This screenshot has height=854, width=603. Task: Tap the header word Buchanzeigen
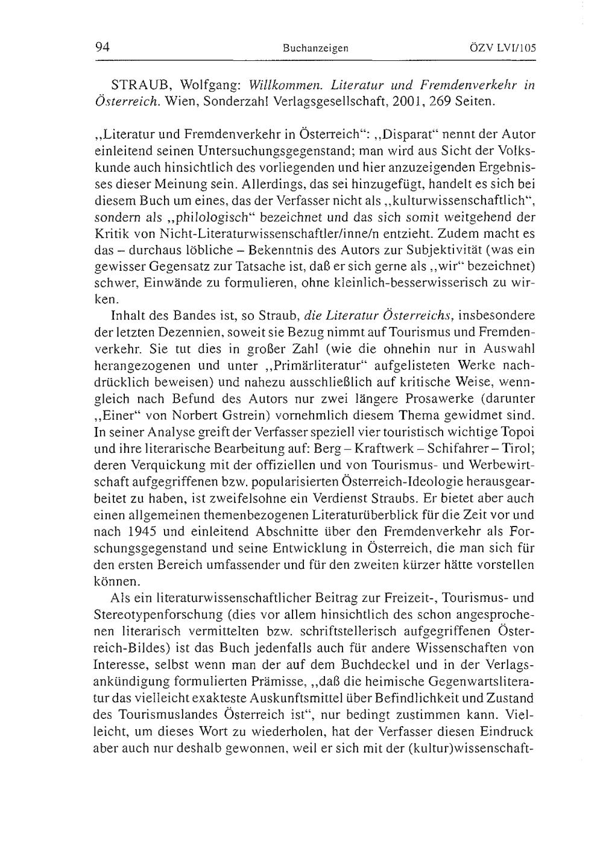click(315, 48)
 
